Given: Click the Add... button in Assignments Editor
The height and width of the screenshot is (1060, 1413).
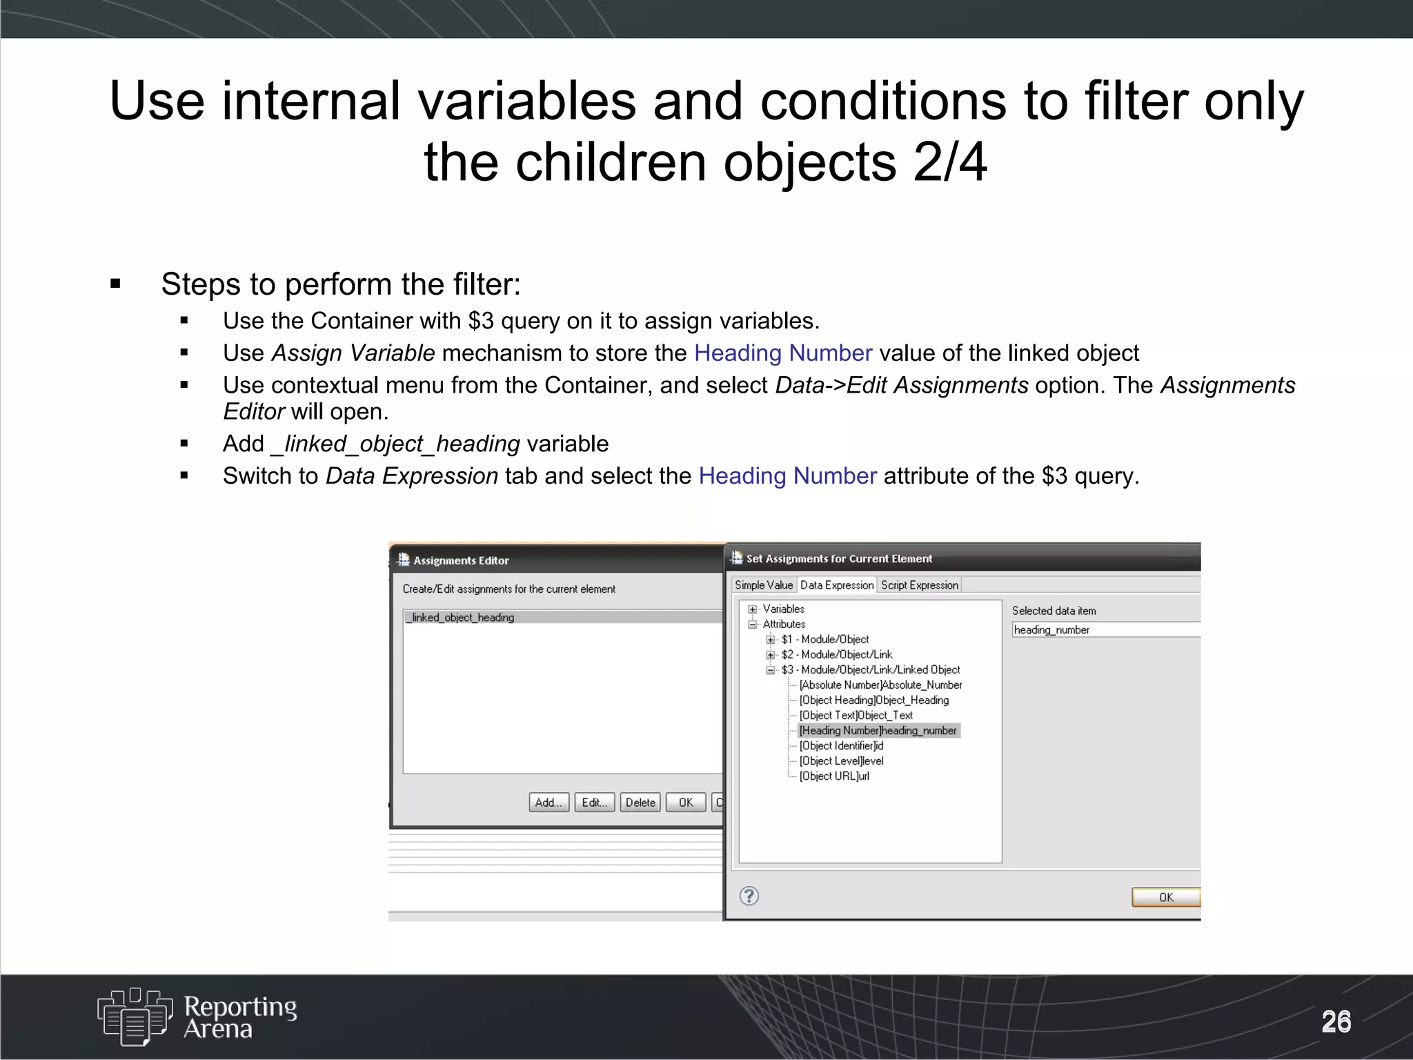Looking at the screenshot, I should (x=549, y=803).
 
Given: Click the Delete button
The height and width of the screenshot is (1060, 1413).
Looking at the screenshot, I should (x=640, y=803).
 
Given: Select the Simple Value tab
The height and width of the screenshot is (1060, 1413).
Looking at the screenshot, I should (x=764, y=585).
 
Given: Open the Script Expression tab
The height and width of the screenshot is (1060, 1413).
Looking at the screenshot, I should (x=920, y=585).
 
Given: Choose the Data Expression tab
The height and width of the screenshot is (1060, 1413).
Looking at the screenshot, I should (x=837, y=585).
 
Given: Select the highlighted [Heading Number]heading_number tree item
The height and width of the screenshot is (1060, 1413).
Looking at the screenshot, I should (x=878, y=731).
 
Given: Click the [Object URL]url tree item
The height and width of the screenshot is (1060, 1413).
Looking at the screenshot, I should (x=834, y=776).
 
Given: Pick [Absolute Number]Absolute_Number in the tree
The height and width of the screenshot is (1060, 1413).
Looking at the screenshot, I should (x=880, y=685).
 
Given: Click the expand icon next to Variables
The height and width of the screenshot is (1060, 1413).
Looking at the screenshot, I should (x=753, y=609).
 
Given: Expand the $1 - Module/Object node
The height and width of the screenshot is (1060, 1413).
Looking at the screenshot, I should (x=771, y=640).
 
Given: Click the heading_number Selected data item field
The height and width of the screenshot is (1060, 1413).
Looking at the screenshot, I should (x=1104, y=630).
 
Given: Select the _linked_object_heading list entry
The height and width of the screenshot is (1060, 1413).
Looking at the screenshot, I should (x=461, y=618).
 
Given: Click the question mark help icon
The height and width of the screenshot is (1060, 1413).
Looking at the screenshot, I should (x=749, y=896).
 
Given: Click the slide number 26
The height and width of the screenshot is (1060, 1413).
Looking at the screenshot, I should (x=1336, y=1021).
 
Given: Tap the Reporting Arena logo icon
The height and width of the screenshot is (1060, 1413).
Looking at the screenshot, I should (x=135, y=1016).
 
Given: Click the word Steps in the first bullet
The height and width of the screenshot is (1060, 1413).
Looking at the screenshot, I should (x=201, y=284).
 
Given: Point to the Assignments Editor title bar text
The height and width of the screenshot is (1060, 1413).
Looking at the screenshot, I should (x=461, y=560).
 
